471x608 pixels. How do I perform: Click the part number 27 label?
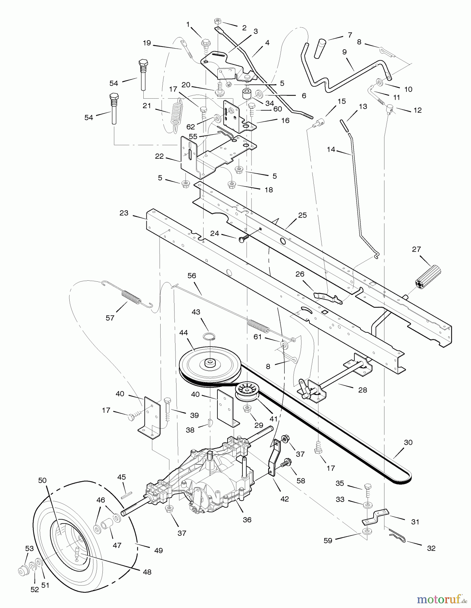point(417,249)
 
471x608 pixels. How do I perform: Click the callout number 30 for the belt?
point(408,442)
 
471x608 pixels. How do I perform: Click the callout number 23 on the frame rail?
point(124,213)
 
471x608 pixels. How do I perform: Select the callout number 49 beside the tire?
point(158,551)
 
